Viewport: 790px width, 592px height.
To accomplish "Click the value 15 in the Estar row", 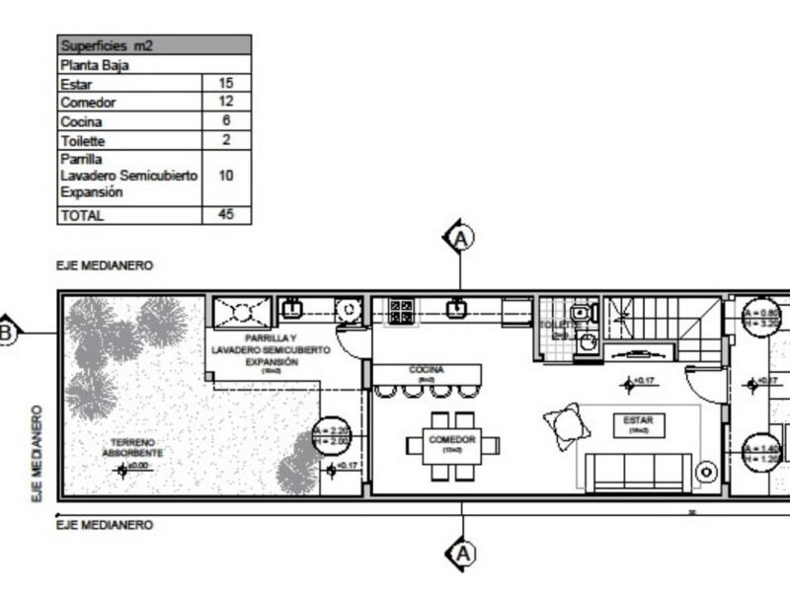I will coord(225,84).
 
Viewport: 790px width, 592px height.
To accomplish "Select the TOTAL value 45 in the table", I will coord(225,214).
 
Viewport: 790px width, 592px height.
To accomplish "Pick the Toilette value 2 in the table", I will coord(225,140).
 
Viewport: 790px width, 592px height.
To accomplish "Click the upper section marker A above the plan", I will coord(460,238).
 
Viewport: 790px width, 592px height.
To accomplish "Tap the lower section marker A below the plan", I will coord(460,555).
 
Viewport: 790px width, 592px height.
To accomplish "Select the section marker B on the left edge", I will coord(6,333).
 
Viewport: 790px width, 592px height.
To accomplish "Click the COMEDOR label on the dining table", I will coord(452,440).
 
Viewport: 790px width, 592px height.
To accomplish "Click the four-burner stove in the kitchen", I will coord(402,311).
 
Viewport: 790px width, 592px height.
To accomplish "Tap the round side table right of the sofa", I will coord(706,474).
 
